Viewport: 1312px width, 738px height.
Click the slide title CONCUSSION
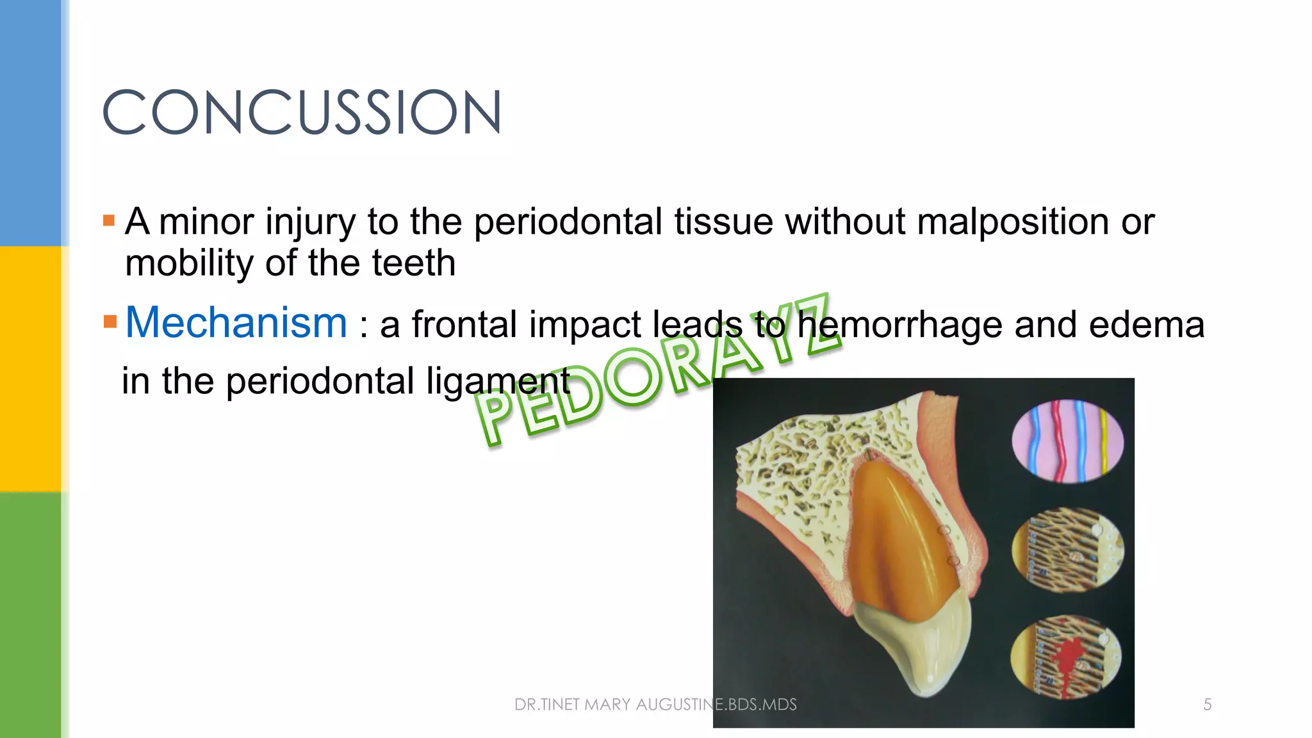302,112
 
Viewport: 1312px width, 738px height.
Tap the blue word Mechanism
236,322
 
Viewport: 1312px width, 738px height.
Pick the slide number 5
1207,705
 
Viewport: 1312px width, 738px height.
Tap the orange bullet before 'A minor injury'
109,221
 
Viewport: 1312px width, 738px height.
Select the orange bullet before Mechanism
110,321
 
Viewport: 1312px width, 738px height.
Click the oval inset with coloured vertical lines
1067,441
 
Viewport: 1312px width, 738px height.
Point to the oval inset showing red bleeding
1067,657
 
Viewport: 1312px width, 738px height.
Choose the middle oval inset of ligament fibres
1067,549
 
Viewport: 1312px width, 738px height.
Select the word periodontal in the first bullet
568,222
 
